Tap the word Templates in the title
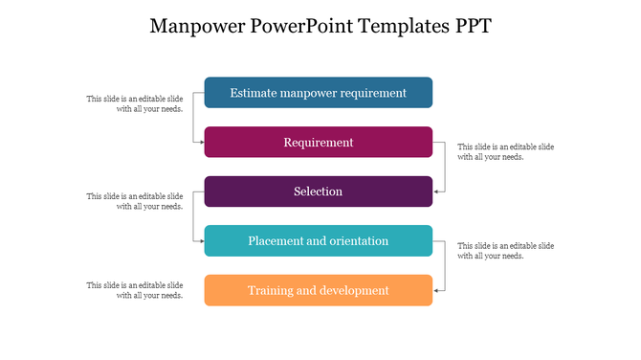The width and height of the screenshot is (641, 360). [401, 26]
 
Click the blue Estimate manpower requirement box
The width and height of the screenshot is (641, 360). [319, 93]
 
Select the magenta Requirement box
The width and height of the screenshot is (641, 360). [319, 143]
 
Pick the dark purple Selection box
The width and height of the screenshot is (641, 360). [319, 191]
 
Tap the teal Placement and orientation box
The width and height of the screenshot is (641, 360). [319, 241]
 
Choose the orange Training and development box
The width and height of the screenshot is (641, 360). [319, 290]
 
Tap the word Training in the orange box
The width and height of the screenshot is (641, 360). [272, 290]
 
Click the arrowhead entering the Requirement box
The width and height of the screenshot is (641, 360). [201, 143]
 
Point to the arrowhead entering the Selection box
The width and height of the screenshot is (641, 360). [436, 191]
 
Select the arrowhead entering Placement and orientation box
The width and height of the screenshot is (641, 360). [201, 241]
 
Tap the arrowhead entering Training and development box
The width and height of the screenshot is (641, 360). [436, 290]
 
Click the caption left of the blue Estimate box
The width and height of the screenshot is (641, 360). [135, 103]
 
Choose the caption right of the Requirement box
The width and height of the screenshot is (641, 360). [505, 151]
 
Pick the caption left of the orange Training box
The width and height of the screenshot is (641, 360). [135, 290]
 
